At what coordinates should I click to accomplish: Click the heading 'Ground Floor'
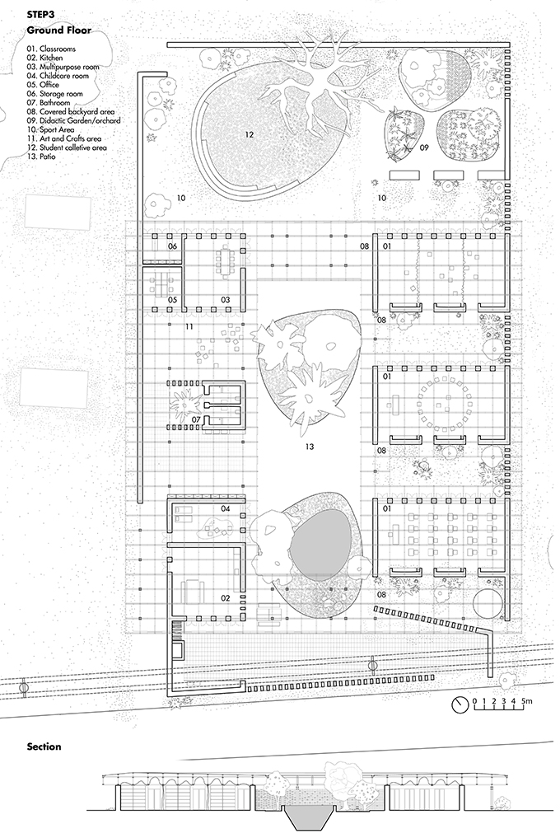(x=59, y=30)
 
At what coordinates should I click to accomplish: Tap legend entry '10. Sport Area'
(x=50, y=129)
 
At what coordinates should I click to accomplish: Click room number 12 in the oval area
(x=250, y=134)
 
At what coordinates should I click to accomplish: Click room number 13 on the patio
(x=310, y=447)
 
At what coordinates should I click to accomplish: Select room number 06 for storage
(x=172, y=246)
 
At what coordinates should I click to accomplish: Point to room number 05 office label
(x=172, y=300)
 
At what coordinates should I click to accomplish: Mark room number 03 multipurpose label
(x=226, y=300)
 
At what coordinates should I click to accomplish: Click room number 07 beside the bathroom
(x=196, y=420)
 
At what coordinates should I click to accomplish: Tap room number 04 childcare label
(x=226, y=508)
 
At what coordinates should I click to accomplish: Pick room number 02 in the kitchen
(x=226, y=598)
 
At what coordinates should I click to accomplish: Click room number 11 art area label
(x=189, y=326)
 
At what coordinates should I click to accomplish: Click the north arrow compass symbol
(x=460, y=704)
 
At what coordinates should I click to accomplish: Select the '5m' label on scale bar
(x=526, y=701)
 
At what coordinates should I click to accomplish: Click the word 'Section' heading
(x=44, y=747)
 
